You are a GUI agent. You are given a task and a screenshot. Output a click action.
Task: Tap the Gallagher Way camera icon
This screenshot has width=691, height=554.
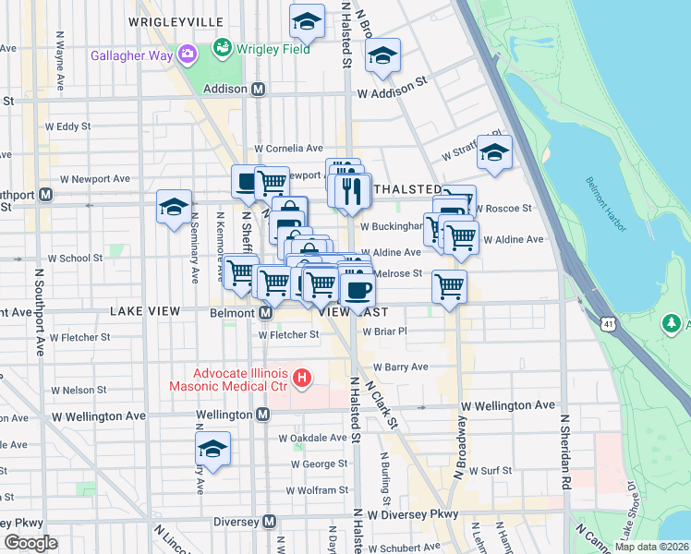188,55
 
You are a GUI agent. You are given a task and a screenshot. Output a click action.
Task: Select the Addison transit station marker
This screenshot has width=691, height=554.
259,90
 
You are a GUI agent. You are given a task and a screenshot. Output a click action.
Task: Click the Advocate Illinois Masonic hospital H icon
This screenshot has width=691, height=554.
301,377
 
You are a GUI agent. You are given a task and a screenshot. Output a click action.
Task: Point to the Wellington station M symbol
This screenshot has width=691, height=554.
262,415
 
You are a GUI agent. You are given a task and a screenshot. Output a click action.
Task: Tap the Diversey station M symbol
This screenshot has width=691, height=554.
269,522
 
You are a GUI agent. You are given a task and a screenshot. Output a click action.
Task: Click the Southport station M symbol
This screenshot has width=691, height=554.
44,195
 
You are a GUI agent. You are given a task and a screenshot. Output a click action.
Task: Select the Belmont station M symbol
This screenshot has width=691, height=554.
265,313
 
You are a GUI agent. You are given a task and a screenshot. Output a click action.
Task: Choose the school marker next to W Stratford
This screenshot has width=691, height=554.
494,152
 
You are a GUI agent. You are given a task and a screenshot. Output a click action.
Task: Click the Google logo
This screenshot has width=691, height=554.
31,542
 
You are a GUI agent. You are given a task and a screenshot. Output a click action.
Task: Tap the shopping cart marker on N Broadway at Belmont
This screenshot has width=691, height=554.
449,286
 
